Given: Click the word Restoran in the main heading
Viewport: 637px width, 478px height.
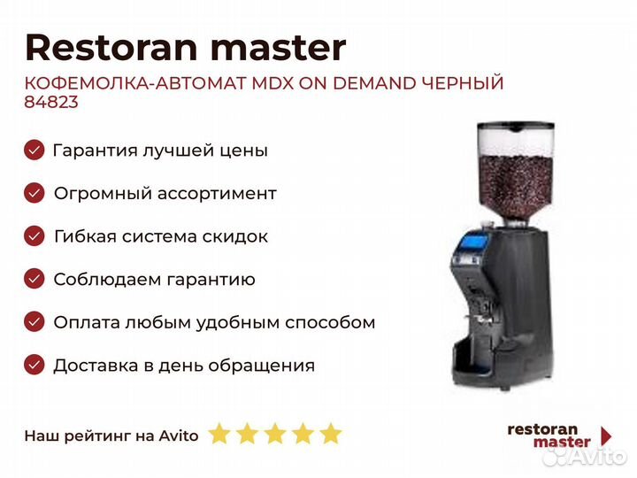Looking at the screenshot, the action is pyautogui.click(x=111, y=48).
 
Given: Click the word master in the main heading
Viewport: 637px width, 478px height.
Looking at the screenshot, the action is pyautogui.click(x=279, y=49).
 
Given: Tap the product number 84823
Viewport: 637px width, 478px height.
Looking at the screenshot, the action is pyautogui.click(x=51, y=102).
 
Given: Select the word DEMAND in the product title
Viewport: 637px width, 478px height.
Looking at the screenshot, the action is pyautogui.click(x=374, y=83).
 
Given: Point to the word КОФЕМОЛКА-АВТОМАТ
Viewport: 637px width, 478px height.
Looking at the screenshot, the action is pyautogui.click(x=134, y=83).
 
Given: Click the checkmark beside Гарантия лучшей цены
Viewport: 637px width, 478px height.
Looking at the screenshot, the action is pyautogui.click(x=35, y=150).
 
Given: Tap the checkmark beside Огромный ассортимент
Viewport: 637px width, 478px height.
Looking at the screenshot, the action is pyautogui.click(x=35, y=193).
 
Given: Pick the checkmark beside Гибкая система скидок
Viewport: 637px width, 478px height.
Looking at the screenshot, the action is pyautogui.click(x=35, y=236).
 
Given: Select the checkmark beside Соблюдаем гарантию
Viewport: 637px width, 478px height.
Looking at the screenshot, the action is pyautogui.click(x=35, y=279).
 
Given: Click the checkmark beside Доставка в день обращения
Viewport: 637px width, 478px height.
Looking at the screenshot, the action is pyautogui.click(x=35, y=365).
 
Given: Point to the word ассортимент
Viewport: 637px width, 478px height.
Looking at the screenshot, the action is pyautogui.click(x=217, y=194).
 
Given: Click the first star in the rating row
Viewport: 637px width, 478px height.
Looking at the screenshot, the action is pyautogui.click(x=219, y=433).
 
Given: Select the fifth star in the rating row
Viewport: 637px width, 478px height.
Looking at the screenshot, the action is pyautogui.click(x=331, y=433).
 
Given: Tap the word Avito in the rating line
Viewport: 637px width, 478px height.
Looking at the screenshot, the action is pyautogui.click(x=179, y=436).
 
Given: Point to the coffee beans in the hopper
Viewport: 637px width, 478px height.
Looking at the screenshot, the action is pyautogui.click(x=515, y=185).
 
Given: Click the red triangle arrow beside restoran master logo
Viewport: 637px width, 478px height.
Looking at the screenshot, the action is pyautogui.click(x=607, y=436).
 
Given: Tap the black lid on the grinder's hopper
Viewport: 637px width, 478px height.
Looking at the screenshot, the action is pyautogui.click(x=516, y=126).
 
